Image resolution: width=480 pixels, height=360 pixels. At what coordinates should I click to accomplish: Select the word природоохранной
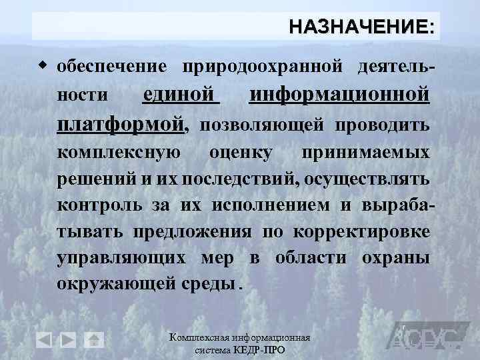click(x=262, y=67)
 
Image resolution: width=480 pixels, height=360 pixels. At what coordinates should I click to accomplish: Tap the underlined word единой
click(x=181, y=95)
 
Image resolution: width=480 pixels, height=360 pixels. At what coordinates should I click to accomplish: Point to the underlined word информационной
click(x=339, y=95)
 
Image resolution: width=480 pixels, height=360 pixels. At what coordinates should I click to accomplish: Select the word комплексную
click(x=118, y=153)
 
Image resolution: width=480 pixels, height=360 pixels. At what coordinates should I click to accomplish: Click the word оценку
click(x=241, y=153)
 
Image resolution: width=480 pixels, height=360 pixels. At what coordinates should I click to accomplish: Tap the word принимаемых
click(x=365, y=153)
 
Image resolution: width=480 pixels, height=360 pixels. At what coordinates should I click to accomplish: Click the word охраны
click(x=395, y=257)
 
